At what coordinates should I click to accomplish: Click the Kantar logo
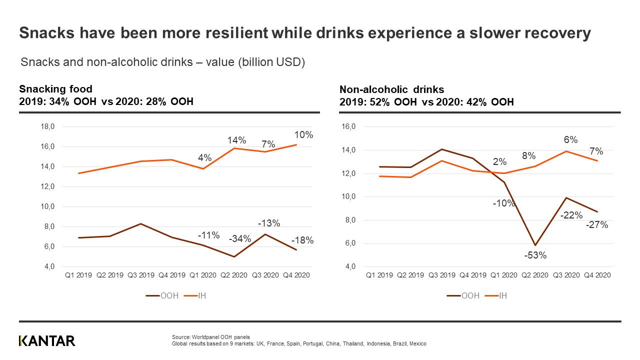47,340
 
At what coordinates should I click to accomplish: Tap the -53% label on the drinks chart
535,255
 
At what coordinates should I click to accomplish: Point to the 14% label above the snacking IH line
236,140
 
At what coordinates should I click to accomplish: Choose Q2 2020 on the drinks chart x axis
535,275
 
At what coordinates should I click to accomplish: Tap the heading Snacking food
55,89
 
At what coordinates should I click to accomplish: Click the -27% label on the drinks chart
597,225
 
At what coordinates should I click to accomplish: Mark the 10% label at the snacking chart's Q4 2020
303,134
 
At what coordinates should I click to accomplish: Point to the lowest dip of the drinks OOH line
535,245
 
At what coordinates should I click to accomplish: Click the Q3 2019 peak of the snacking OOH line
141,223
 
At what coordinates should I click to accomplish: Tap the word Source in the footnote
179,337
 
